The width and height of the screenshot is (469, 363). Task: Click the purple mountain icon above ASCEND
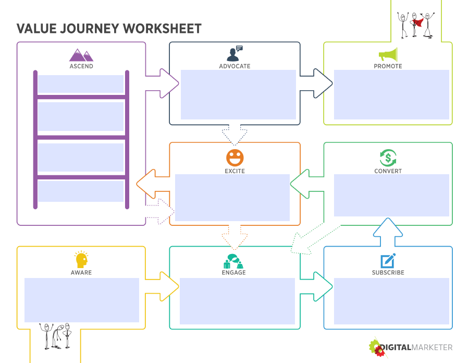coord(81,55)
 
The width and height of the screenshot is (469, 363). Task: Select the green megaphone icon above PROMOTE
coord(388,55)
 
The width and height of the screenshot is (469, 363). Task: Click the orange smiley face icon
coord(234,158)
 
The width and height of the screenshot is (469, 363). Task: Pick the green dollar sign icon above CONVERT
coord(388,158)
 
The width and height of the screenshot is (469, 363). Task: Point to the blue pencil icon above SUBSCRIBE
coord(388,260)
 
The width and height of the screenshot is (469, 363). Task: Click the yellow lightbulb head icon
coord(81,260)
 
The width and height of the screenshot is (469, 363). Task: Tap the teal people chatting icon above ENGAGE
coord(233,260)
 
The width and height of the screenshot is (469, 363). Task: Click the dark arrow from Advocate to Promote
coord(318,80)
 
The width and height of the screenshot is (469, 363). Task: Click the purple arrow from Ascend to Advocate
coord(164,80)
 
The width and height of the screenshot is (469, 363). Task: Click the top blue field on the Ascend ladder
coord(81,84)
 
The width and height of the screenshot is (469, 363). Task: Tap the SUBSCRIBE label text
coord(388,273)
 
